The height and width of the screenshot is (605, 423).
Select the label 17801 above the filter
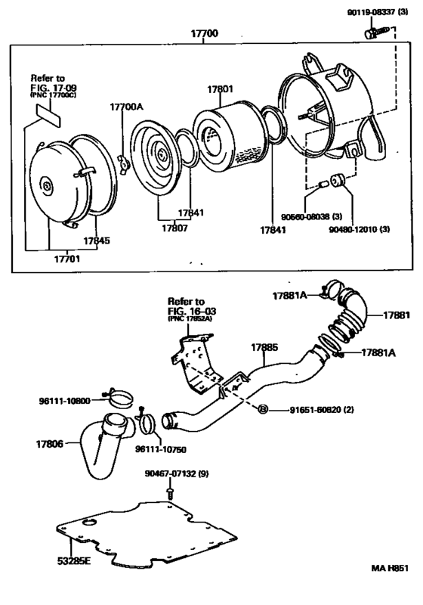[x=222, y=88]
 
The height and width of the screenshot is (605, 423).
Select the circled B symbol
[x=263, y=410]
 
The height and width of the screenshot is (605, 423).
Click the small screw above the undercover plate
[x=170, y=493]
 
